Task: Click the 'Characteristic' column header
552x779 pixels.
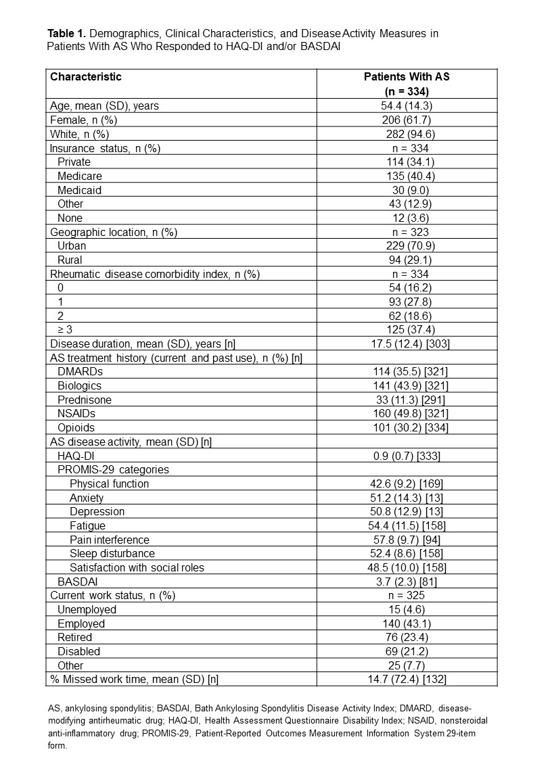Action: click(x=86, y=77)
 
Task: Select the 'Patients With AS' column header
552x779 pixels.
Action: click(x=407, y=77)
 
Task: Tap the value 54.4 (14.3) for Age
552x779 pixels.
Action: click(x=407, y=105)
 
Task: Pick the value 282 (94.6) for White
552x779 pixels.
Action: click(x=407, y=134)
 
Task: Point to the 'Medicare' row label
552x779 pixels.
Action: click(x=79, y=176)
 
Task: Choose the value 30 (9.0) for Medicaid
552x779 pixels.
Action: click(x=407, y=190)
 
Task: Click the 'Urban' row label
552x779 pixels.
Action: click(x=72, y=246)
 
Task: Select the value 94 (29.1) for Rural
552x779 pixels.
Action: click(x=407, y=260)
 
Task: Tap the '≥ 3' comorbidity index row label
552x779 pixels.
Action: click(x=65, y=329)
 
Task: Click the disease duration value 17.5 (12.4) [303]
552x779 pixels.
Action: click(x=407, y=344)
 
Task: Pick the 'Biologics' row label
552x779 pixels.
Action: click(x=79, y=385)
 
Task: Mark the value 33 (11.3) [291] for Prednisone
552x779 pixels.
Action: click(x=407, y=400)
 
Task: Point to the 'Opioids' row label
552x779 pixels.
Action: click(x=76, y=427)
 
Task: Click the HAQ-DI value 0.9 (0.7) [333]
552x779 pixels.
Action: click(x=407, y=456)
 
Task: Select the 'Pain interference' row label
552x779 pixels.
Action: click(x=110, y=540)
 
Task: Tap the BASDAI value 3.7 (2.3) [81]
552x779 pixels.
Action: click(x=407, y=582)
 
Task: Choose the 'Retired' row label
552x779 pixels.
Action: click(x=74, y=637)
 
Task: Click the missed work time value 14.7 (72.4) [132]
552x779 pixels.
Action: click(x=407, y=679)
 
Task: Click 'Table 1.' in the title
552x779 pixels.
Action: click(x=66, y=33)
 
